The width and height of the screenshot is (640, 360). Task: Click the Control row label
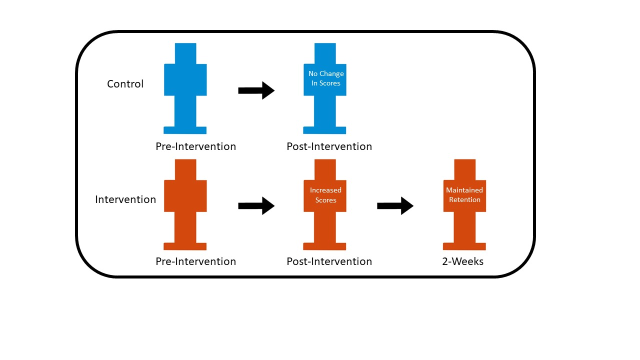(125, 84)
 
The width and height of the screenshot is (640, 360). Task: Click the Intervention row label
(125, 199)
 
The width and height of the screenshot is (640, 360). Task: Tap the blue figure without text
(185, 88)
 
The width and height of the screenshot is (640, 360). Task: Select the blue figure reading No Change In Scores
(325, 88)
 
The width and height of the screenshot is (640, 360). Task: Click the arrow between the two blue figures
(256, 90)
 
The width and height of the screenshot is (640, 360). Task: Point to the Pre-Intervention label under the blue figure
(195, 146)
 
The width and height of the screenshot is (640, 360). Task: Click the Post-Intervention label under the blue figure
(329, 146)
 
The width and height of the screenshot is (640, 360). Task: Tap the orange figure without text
(185, 204)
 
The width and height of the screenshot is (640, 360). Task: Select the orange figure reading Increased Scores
(325, 204)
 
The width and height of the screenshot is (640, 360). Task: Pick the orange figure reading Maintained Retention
(464, 204)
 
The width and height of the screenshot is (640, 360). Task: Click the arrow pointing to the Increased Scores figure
(256, 205)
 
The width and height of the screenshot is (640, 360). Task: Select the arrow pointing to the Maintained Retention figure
(395, 205)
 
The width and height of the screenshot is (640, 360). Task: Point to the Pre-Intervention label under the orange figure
(195, 261)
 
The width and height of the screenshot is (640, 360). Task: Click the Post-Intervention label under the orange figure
(329, 261)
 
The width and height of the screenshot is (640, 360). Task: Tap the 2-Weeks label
(463, 261)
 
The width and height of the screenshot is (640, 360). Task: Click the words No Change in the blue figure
(326, 73)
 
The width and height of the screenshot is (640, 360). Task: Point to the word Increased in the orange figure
(325, 190)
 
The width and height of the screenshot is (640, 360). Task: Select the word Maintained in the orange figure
(464, 190)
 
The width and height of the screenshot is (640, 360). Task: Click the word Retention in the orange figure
(464, 199)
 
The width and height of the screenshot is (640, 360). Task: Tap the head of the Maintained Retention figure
(465, 169)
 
